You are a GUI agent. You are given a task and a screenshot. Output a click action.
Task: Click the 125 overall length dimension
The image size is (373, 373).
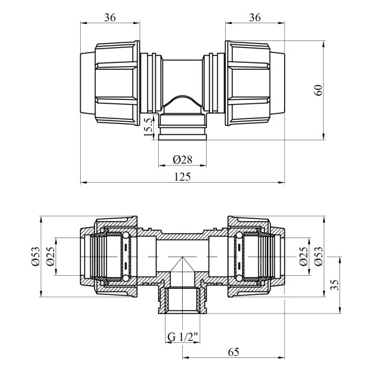(183, 177)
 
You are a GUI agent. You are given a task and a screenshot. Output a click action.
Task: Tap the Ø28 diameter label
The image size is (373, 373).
(183, 159)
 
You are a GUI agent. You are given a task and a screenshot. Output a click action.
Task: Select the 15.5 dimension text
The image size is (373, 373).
(149, 127)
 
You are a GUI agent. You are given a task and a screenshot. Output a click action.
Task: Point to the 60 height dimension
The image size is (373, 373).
(318, 90)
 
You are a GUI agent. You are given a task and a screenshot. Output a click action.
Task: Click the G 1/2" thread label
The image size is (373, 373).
(183, 337)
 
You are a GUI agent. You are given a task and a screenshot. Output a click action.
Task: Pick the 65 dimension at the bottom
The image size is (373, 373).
(233, 352)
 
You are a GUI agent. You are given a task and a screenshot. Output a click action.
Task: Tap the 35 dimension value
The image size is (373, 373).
(334, 285)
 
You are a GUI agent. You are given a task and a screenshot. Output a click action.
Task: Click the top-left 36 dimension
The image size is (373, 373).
(110, 17)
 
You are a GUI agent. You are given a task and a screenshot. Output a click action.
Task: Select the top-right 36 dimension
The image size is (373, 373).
(255, 17)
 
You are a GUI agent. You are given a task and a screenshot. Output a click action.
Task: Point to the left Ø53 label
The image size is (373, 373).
(36, 257)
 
